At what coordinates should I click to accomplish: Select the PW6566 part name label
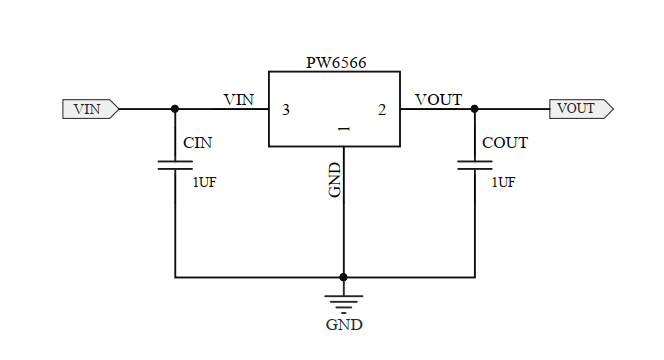(x=336, y=63)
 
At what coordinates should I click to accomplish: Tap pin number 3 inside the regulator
(x=287, y=110)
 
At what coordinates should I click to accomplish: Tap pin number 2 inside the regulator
(x=382, y=110)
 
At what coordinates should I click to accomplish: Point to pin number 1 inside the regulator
(x=343, y=130)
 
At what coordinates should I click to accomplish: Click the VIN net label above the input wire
(x=239, y=99)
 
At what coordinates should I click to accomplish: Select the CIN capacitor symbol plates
(x=175, y=164)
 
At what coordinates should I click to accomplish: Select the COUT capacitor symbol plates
(x=474, y=164)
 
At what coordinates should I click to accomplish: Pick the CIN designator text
(x=197, y=143)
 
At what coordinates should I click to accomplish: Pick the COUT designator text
(x=504, y=143)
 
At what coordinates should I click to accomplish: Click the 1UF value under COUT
(x=503, y=182)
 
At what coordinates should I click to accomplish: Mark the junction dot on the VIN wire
(x=175, y=108)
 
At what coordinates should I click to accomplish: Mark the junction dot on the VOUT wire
(x=474, y=108)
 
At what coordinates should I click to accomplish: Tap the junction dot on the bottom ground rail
(x=343, y=277)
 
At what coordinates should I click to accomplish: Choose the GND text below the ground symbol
(x=344, y=325)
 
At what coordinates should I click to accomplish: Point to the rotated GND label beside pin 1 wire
(x=335, y=179)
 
